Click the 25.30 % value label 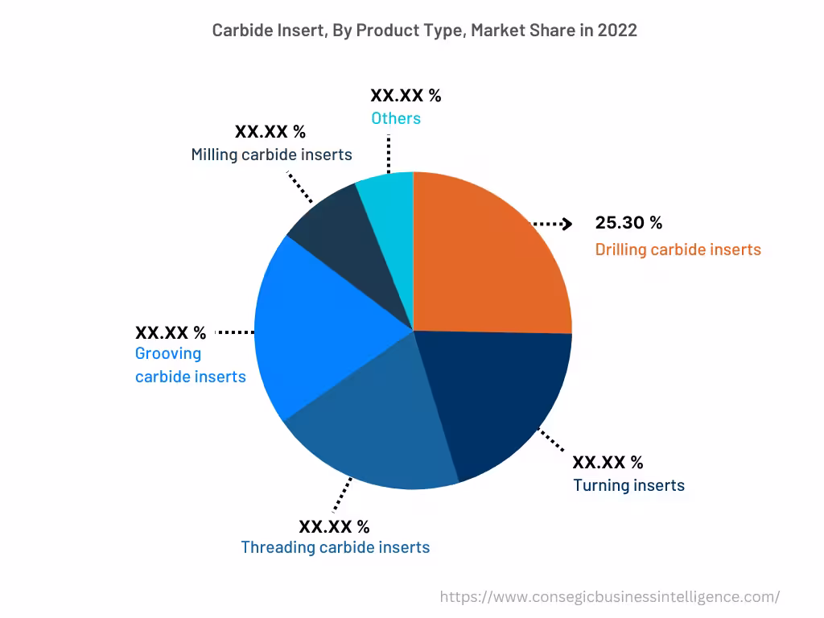(628, 224)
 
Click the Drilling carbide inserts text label (678, 249)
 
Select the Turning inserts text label (628, 485)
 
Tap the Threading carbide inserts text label (335, 547)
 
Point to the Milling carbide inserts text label (271, 154)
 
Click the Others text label (395, 118)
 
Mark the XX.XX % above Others (406, 95)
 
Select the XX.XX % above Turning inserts (608, 462)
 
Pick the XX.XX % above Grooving (171, 332)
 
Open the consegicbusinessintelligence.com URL (610, 596)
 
